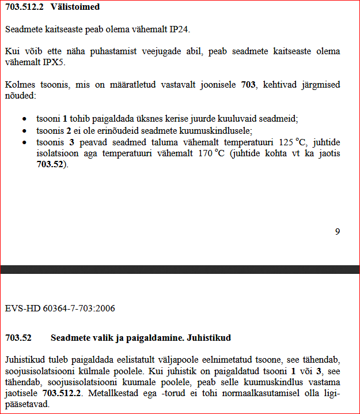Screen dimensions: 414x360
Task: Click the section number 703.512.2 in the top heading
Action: [x=24, y=7]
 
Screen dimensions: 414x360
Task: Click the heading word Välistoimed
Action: [x=75, y=7]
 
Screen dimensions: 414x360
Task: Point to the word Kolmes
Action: [x=18, y=85]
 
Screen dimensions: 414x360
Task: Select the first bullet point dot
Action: [x=24, y=119]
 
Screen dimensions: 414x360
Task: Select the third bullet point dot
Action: [x=24, y=141]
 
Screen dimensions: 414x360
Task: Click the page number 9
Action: [x=337, y=231]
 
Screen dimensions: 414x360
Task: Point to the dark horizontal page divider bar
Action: [x=180, y=269]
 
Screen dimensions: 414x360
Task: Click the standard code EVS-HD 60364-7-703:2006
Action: [x=60, y=308]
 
